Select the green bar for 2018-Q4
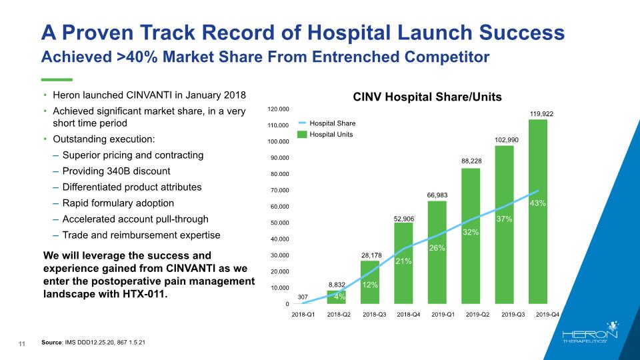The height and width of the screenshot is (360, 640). (403, 263)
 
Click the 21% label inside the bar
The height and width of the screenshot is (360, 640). (403, 262)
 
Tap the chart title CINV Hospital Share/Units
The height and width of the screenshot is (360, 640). (427, 97)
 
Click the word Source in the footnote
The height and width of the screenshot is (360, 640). (51, 343)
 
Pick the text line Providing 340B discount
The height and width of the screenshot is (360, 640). (116, 171)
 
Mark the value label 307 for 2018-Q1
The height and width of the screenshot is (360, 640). (303, 296)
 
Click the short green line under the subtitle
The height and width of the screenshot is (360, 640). (57, 79)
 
